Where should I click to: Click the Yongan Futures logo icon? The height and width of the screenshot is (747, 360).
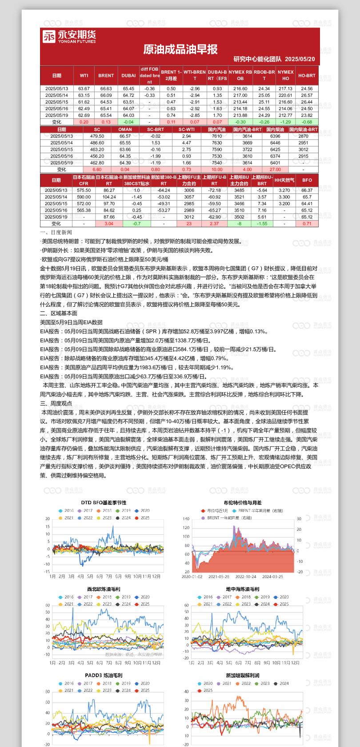[49, 36]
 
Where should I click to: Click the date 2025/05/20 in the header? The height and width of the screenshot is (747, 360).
[300, 59]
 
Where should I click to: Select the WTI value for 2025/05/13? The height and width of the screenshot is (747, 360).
[84, 88]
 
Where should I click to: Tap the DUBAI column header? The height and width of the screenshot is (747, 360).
[129, 76]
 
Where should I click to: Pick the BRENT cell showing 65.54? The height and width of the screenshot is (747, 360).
[106, 115]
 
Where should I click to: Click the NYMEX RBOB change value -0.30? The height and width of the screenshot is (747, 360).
[240, 122]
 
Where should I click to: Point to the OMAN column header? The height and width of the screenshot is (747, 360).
[125, 129]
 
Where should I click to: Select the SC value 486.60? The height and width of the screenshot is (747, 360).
[97, 143]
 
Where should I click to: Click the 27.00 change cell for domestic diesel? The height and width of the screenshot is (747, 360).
[275, 169]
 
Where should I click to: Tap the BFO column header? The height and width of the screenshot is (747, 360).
[307, 180]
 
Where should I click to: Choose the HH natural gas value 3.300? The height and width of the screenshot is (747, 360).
[284, 197]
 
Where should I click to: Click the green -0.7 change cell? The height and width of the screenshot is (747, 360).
[136, 224]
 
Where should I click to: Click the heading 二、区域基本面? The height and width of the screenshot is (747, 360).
[58, 313]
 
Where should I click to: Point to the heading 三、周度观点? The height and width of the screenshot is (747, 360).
[56, 403]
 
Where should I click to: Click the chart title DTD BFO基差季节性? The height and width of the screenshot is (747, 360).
[104, 502]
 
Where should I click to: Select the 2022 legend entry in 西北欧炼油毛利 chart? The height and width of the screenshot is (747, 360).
[85, 604]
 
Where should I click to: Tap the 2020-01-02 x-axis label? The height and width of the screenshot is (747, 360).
[192, 577]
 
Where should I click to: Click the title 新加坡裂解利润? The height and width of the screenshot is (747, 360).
[242, 675]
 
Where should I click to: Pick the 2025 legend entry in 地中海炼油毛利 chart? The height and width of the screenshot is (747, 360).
[281, 604]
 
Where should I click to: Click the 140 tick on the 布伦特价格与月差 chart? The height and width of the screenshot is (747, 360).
[186, 518]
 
